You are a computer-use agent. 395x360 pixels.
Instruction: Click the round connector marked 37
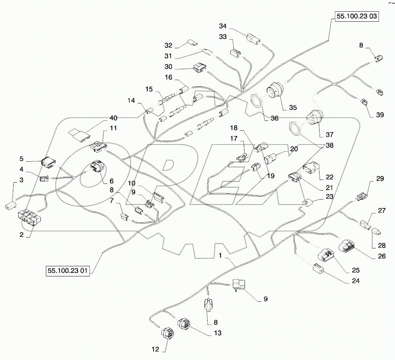[313, 117]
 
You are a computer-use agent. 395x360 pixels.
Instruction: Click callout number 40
[113, 117]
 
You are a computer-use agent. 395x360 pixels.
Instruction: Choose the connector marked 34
[253, 39]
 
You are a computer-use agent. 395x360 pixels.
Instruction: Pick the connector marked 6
[97, 168]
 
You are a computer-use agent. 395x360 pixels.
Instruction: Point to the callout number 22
[330, 177]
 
